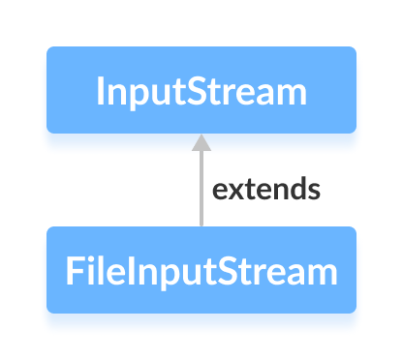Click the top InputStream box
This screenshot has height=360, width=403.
201,90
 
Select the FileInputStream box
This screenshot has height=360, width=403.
201,270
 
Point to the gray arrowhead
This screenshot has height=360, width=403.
201,143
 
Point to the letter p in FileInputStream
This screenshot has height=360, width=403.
167,275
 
